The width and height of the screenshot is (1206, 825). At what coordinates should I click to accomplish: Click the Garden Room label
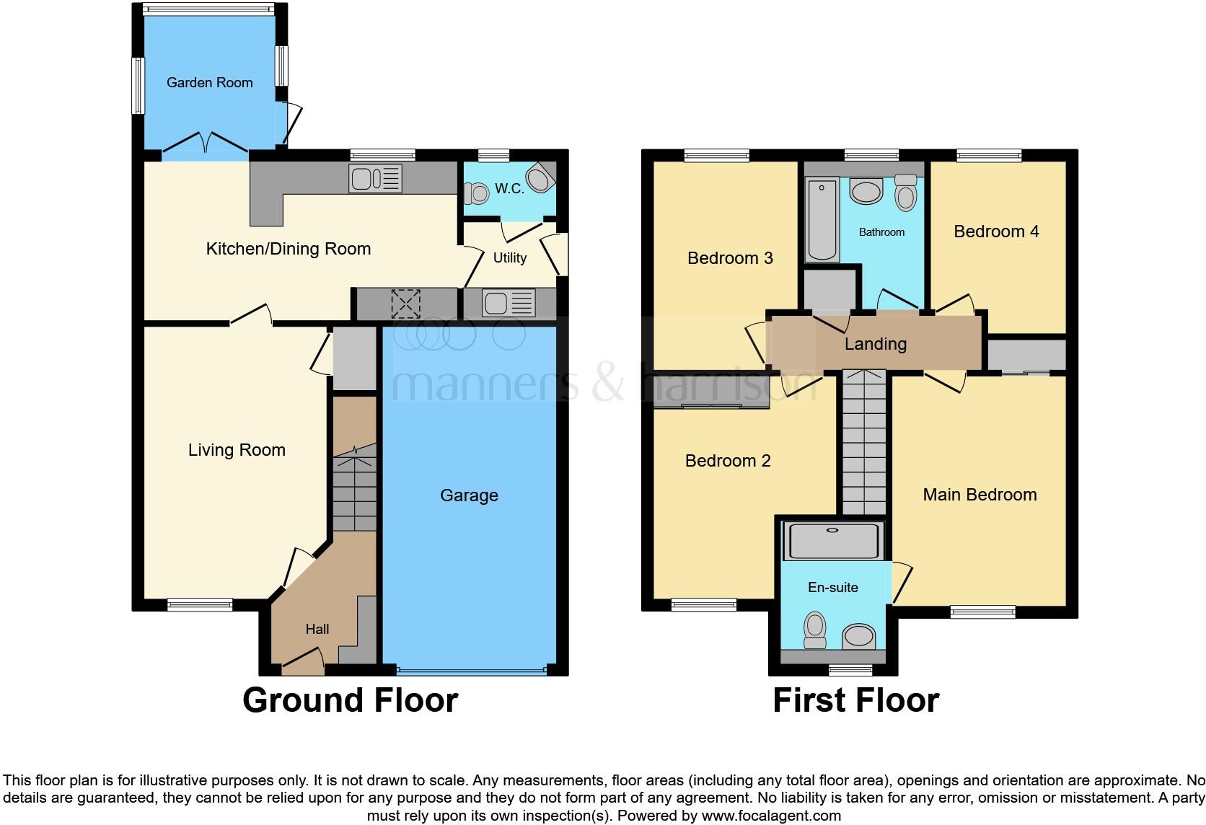pyautogui.click(x=209, y=83)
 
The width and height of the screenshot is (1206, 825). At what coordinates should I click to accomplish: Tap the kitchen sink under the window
pyautogui.click(x=375, y=178)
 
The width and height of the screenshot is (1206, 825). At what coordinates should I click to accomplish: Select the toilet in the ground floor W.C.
pyautogui.click(x=477, y=193)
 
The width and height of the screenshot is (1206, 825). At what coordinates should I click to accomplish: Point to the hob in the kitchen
pyautogui.click(x=405, y=303)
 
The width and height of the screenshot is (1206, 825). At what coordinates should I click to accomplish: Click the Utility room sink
pyautogui.click(x=509, y=303)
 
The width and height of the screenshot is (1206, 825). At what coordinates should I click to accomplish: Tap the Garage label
pyautogui.click(x=469, y=495)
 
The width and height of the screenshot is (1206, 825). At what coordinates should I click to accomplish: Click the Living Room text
pyautogui.click(x=237, y=450)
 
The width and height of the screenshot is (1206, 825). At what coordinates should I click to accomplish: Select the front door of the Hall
pyautogui.click(x=303, y=662)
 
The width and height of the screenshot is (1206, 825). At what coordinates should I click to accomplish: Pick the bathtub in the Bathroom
pyautogui.click(x=822, y=220)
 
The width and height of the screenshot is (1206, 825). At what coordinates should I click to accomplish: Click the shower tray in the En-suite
pyautogui.click(x=833, y=542)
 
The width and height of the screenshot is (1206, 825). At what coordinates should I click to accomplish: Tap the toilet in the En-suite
pyautogui.click(x=815, y=630)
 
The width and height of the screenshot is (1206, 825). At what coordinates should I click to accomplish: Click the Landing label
pyautogui.click(x=875, y=344)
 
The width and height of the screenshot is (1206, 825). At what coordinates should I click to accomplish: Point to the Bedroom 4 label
pyautogui.click(x=996, y=231)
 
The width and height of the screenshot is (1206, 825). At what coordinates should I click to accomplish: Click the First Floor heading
pyautogui.click(x=855, y=700)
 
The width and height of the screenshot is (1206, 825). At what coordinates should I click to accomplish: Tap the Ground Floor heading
pyautogui.click(x=350, y=700)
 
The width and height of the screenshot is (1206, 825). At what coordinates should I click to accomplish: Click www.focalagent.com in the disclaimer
pyautogui.click(x=771, y=816)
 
